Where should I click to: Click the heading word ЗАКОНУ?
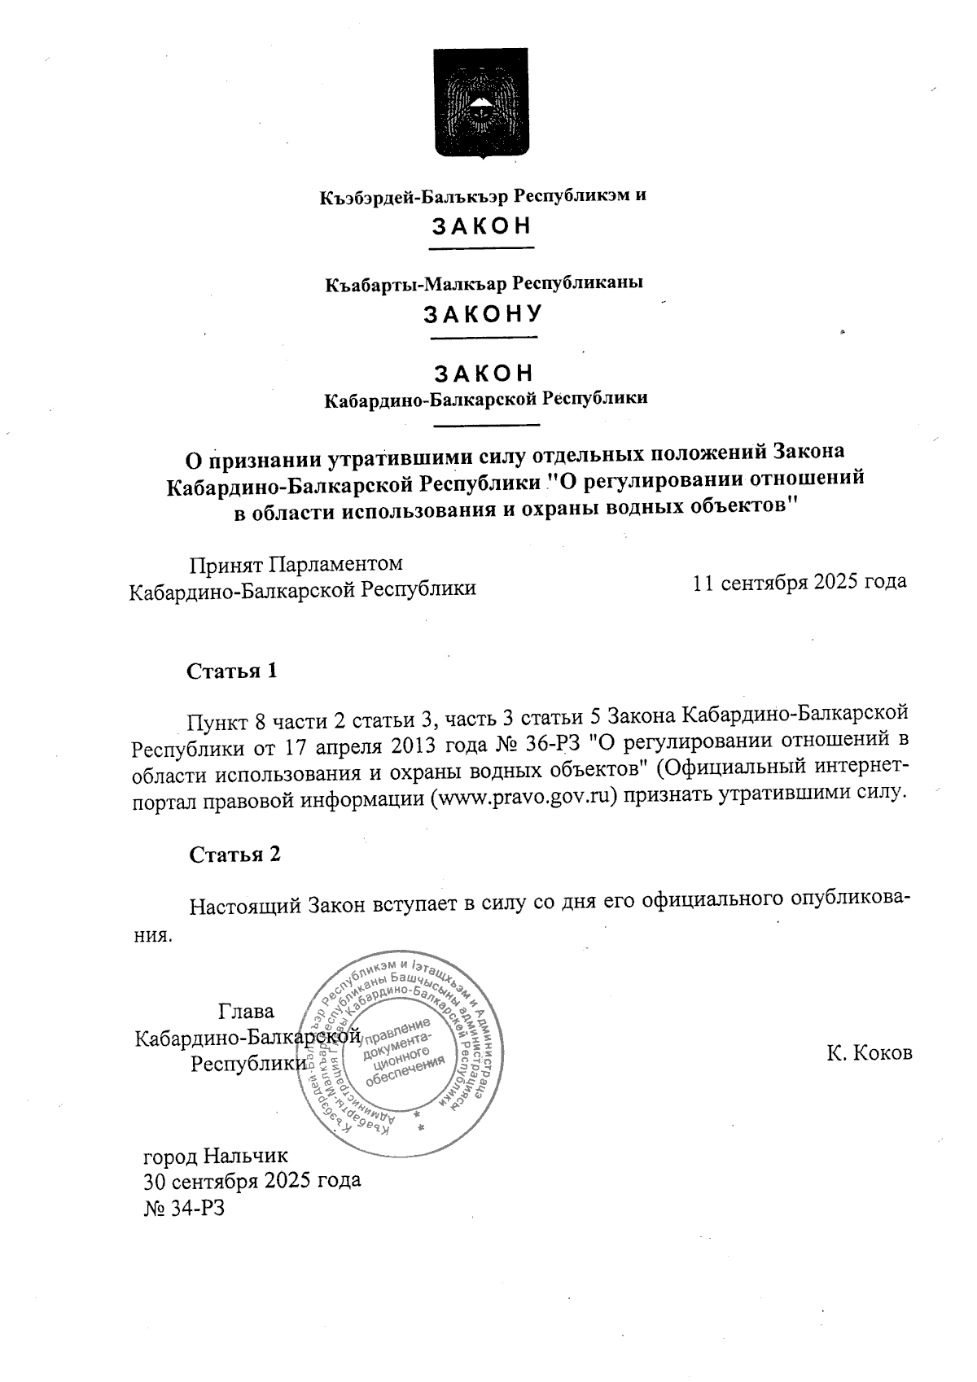pyautogui.click(x=482, y=314)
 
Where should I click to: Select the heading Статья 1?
pyautogui.click(x=232, y=671)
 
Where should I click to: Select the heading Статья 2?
pyautogui.click(x=234, y=855)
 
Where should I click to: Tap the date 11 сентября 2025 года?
pyautogui.click(x=799, y=583)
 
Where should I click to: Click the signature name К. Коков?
pyautogui.click(x=869, y=1053)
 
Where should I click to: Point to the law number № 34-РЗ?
pyautogui.click(x=183, y=1209)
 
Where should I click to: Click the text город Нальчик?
pyautogui.click(x=216, y=1156)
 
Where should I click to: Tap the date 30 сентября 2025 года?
pyautogui.click(x=252, y=1182)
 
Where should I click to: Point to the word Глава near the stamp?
pyautogui.click(x=246, y=1012)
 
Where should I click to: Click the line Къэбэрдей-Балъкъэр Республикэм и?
pyautogui.click(x=482, y=196)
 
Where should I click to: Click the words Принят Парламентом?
pyautogui.click(x=296, y=564)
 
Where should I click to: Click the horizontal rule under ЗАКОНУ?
pyautogui.click(x=484, y=337)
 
